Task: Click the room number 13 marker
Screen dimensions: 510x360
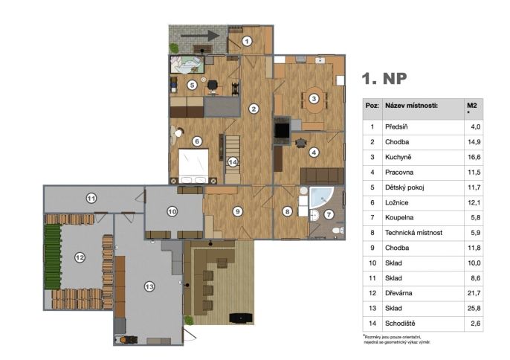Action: pos(149,287)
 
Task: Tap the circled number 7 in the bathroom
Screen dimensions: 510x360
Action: pos(329,214)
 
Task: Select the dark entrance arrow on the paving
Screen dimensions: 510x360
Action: pos(200,36)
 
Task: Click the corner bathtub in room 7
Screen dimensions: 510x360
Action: pos(321,197)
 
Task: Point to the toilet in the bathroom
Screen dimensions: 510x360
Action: pos(338,231)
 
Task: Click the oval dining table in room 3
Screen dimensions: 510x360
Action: pos(314,99)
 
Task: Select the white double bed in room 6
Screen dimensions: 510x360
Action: pos(194,167)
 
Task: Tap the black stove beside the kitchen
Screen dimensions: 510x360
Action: pos(282,130)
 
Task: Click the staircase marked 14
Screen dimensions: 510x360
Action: pos(233,159)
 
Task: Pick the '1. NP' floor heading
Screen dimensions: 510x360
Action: pos(384,78)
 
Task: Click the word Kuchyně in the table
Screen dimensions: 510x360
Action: pos(398,157)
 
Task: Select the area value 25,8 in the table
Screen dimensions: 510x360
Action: pos(474,308)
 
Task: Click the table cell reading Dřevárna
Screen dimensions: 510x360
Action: pos(398,293)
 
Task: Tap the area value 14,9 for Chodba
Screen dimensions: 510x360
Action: pos(474,142)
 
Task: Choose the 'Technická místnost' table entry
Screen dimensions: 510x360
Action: pos(413,232)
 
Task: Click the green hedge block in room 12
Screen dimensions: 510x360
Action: pos(53,257)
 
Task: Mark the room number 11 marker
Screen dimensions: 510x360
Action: pos(91,198)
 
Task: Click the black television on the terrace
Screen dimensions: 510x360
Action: pos(241,318)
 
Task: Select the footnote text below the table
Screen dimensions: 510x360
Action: pos(396,339)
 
